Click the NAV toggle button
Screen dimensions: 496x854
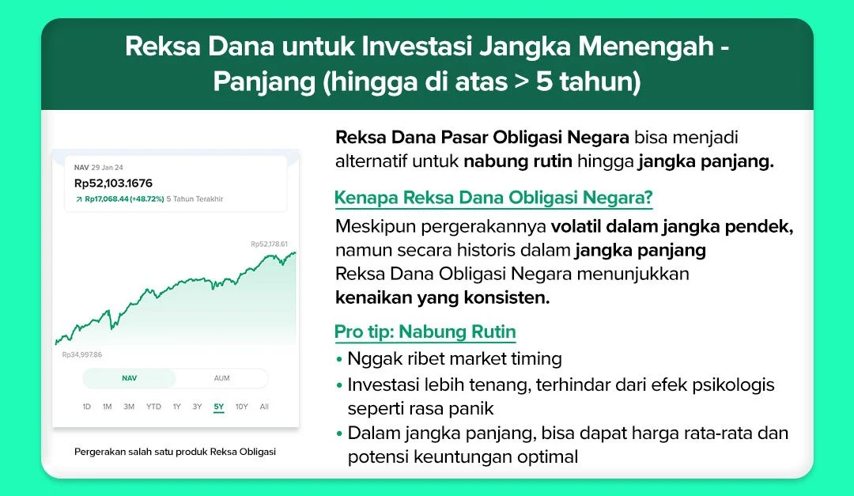click(x=129, y=378)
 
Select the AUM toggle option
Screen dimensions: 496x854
click(x=221, y=378)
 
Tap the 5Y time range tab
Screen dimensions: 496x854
click(x=218, y=407)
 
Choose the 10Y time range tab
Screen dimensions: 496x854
click(x=241, y=407)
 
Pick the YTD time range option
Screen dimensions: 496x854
click(x=153, y=407)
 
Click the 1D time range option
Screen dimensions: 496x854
click(x=87, y=407)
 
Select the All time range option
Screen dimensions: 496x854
click(x=264, y=407)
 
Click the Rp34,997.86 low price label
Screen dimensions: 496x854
click(x=82, y=354)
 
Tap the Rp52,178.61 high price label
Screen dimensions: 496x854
click(x=269, y=244)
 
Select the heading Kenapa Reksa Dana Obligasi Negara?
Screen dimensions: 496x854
click(x=493, y=197)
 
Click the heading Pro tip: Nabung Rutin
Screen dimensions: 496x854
click(x=425, y=331)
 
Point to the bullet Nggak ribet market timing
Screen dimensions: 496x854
click(x=454, y=358)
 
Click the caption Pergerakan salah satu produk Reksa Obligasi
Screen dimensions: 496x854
click(x=175, y=452)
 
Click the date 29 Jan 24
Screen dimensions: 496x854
click(x=108, y=168)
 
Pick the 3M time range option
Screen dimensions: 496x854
click(x=128, y=407)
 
